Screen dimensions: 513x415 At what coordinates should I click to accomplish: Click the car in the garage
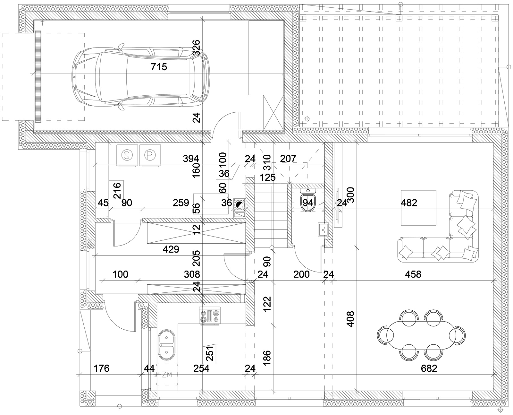141,77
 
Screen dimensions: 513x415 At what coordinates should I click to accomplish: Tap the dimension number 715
159,67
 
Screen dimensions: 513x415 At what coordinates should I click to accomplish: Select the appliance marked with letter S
127,155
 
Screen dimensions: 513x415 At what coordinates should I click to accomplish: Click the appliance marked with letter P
150,155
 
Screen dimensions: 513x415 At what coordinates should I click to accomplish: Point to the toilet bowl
308,200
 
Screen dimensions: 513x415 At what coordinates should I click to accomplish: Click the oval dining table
421,335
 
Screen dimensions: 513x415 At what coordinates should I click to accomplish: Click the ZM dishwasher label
167,375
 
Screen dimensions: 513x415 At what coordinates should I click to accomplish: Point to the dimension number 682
429,368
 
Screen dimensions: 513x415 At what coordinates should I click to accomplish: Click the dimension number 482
409,203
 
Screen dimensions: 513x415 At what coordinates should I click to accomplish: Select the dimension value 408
350,319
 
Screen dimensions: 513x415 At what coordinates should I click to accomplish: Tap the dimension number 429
171,249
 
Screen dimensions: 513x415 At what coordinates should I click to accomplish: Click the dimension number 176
101,368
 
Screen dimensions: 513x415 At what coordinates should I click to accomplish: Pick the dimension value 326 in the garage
196,48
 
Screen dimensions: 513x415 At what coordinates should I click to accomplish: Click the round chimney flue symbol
239,205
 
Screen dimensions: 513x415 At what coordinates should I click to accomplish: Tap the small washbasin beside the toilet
323,229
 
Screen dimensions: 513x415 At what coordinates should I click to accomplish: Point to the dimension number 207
288,159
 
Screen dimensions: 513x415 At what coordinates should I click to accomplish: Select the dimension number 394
191,159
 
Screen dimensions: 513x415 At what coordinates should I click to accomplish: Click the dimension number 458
413,274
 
